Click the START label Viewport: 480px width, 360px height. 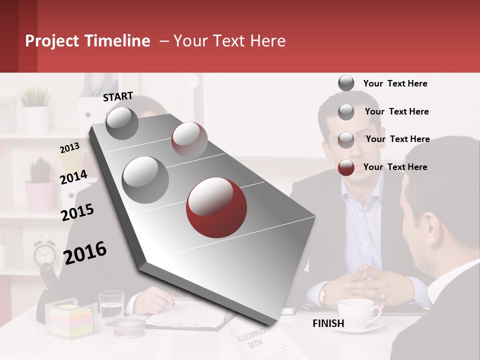[118, 96]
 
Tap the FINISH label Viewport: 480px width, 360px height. [328, 323]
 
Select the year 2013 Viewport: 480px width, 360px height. [69, 147]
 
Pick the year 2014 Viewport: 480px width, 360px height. [73, 177]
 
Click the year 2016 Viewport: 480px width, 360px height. [85, 252]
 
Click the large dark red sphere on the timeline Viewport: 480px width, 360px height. [216, 207]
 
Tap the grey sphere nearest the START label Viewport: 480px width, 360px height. [122, 123]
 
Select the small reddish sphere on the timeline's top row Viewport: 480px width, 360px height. [189, 139]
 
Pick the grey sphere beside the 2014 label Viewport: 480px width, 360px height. [145, 179]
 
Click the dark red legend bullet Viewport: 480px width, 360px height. [346, 167]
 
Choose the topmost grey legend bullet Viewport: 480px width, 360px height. [346, 83]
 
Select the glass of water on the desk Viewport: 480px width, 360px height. [111, 306]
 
